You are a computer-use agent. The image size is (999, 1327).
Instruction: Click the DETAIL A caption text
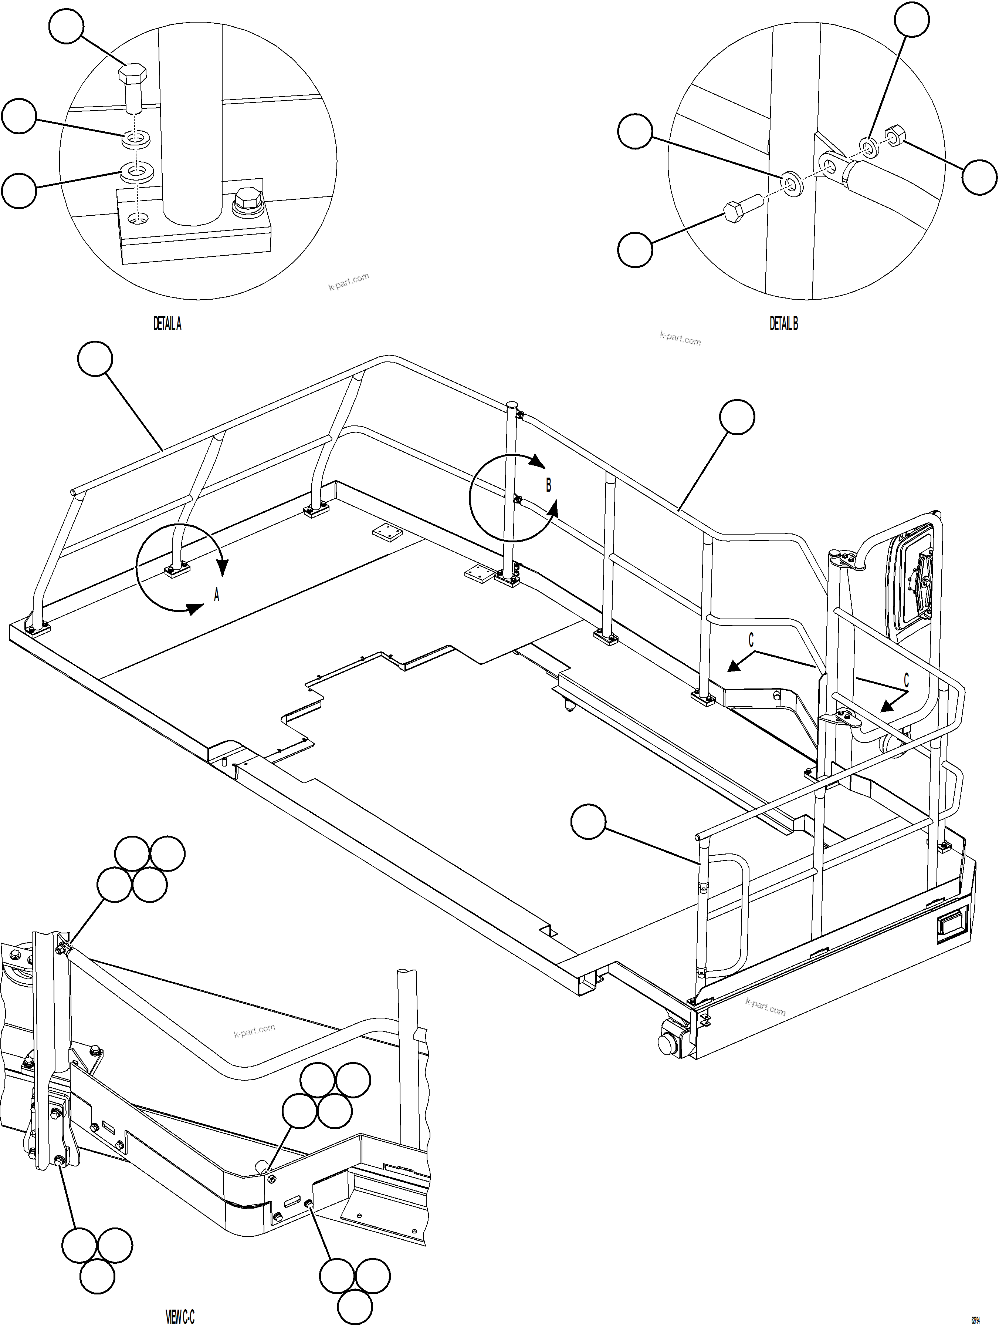[167, 324]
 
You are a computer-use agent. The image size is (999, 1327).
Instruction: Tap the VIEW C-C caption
[180, 1316]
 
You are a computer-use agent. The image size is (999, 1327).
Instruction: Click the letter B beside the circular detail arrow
[548, 485]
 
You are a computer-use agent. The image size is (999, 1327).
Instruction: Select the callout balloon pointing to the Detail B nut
[979, 177]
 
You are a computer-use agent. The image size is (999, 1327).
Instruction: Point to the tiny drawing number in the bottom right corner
[976, 1320]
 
